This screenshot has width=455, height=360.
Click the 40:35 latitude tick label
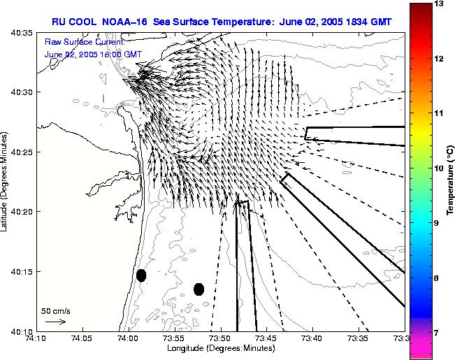coord(22,33)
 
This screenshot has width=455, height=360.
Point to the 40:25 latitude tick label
coord(22,152)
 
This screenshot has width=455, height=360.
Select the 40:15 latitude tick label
coord(22,271)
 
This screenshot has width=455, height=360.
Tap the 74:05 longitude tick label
coord(83,338)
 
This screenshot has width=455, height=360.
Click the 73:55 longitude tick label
coord(175,338)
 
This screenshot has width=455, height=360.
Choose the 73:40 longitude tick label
coord(313,338)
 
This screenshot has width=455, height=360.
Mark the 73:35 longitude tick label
coord(359,338)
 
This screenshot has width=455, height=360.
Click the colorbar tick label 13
coord(439,3)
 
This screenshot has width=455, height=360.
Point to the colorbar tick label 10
coord(439,168)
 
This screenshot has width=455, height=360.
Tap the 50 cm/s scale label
coord(55,311)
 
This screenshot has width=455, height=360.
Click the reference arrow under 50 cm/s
coord(56,322)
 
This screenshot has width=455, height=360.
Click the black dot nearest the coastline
coord(141,275)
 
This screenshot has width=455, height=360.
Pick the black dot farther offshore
coord(198,289)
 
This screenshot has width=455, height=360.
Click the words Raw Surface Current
coord(85,42)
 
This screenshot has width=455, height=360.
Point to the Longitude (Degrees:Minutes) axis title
coord(221,348)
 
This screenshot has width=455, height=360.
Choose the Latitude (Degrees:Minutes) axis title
coord(3,182)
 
